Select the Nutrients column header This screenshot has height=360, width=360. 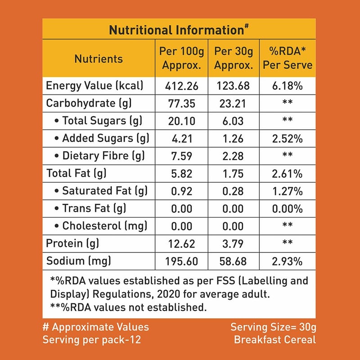98,59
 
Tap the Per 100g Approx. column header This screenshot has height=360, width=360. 181,58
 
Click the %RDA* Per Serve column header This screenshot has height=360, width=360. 288,58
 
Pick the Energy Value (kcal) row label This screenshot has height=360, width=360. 94,85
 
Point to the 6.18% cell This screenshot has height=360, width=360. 288,85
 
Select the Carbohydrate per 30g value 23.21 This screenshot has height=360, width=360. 233,103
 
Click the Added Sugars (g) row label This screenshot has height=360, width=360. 101,138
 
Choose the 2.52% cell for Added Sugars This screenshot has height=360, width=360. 288,138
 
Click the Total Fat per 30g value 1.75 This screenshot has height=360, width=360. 233,173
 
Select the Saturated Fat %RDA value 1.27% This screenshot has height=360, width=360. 288,191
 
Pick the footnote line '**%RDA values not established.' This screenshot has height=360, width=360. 128,308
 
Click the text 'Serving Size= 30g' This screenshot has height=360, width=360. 273,327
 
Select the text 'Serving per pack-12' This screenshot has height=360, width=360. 92,339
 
